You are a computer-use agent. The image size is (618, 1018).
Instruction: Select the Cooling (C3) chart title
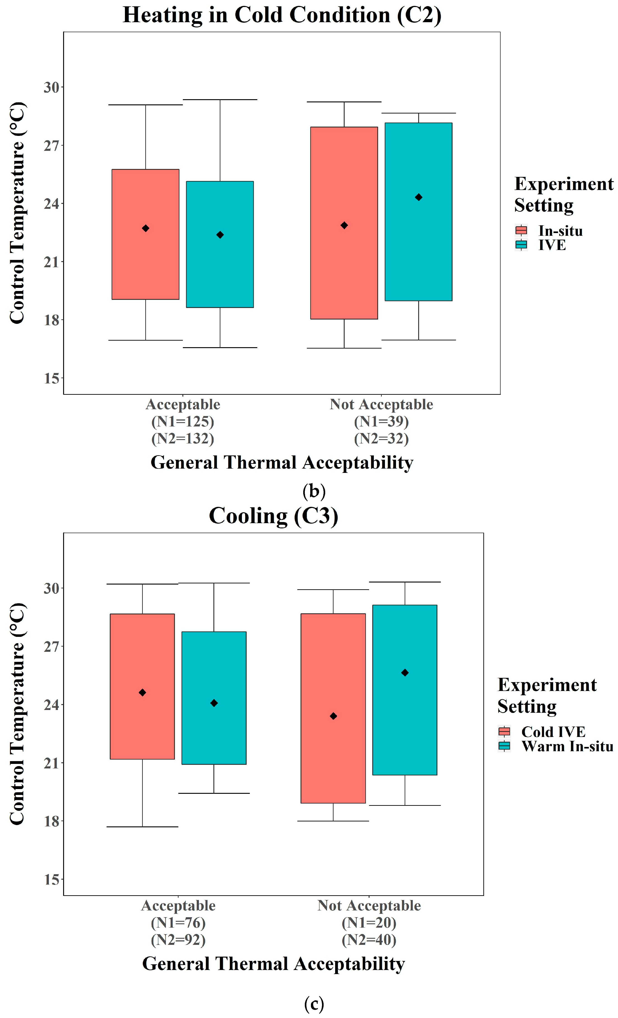pos(273,516)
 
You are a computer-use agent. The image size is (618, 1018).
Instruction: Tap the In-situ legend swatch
pos(521,230)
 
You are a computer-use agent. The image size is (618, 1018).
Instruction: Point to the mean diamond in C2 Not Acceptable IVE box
pos(419,197)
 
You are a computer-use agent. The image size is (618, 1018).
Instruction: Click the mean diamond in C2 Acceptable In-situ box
pos(145,228)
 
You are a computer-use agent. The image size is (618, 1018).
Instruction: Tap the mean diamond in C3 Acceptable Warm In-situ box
pos(214,703)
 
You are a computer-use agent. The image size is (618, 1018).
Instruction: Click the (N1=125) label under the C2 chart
pos(182,421)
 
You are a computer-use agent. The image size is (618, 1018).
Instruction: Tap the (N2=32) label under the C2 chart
pos(381,438)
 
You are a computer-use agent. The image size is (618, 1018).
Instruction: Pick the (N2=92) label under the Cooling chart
pos(178,939)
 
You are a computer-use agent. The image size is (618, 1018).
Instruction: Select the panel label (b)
pos(314,491)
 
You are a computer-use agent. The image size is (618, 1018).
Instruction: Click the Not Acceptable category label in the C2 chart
pos(381,404)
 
